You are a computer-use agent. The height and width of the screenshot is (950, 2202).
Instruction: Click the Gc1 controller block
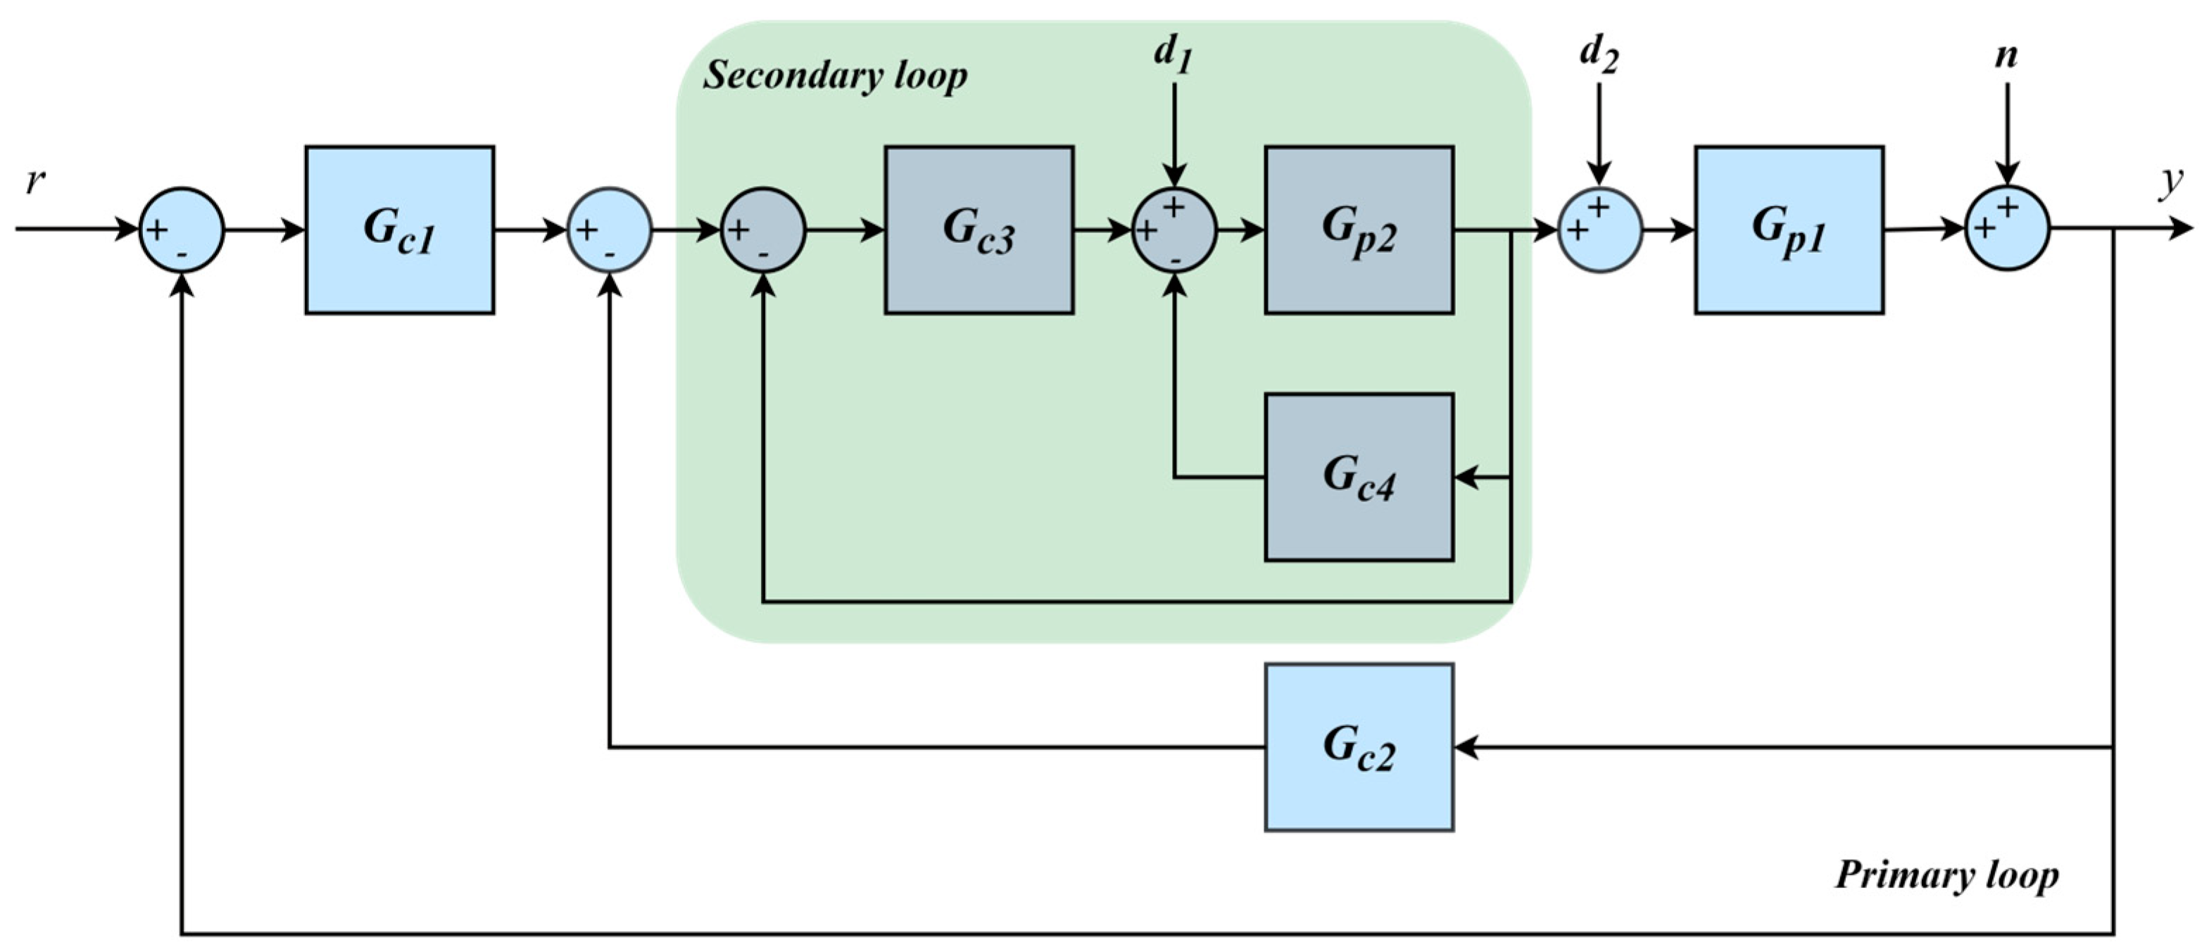(x=399, y=230)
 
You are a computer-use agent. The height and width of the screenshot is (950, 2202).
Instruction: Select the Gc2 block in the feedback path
(x=1359, y=747)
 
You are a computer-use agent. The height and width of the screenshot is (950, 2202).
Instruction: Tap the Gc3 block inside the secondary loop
(x=979, y=230)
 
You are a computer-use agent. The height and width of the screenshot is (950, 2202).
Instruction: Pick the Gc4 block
(x=1359, y=477)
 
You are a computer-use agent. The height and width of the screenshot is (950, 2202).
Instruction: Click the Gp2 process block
(x=1359, y=230)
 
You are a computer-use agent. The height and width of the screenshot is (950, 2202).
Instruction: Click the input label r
(x=35, y=181)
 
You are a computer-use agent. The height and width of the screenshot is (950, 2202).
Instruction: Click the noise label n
(x=2006, y=56)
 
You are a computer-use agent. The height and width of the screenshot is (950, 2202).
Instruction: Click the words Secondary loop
(x=834, y=77)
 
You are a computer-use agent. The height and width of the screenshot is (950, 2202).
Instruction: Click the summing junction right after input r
(x=181, y=230)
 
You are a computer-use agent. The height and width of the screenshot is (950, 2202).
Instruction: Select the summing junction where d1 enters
(x=1174, y=230)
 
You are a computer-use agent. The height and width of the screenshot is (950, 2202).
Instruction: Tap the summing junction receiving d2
(x=1599, y=230)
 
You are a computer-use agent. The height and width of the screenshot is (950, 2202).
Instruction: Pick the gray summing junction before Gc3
(x=762, y=230)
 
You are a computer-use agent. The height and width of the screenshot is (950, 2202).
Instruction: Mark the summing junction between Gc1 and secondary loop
(x=610, y=230)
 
